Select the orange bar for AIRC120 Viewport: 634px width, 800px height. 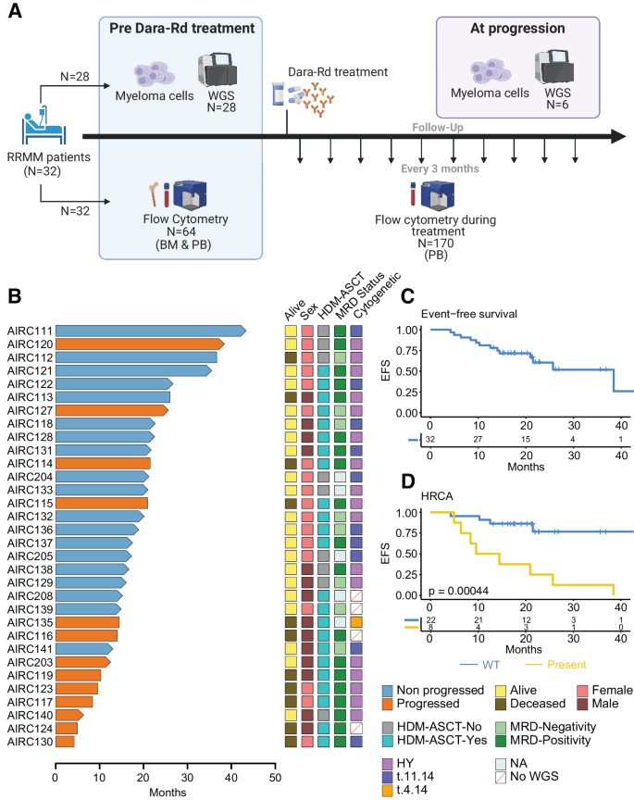139,344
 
